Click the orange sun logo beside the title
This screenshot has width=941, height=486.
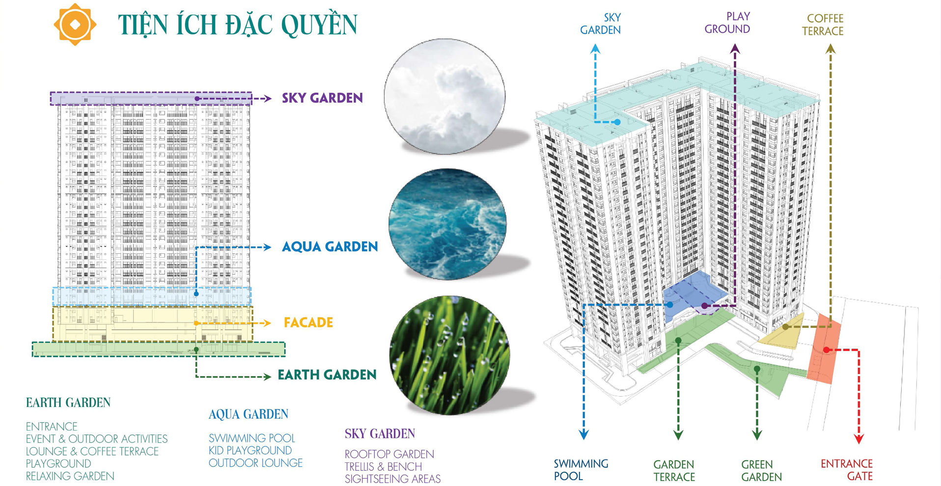click(x=75, y=25)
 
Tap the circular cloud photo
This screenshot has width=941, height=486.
click(x=445, y=96)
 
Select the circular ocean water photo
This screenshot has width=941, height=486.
click(x=447, y=224)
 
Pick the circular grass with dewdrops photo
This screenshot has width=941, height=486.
click(x=449, y=355)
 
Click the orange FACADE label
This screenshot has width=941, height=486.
click(x=308, y=323)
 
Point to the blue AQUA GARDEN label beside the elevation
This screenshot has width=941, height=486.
click(x=330, y=246)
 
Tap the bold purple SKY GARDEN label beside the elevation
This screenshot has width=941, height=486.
click(x=322, y=98)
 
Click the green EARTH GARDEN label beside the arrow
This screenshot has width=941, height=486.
click(x=327, y=375)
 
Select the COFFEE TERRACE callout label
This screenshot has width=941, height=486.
click(x=823, y=25)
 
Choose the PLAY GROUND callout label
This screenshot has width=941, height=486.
click(x=727, y=23)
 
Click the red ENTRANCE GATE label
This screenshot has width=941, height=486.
click(x=847, y=470)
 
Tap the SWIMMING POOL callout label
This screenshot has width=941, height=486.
click(x=581, y=470)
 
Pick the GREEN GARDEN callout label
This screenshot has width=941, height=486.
click(x=761, y=470)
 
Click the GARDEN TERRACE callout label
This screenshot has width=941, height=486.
click(x=674, y=470)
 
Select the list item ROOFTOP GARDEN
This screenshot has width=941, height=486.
click(x=389, y=454)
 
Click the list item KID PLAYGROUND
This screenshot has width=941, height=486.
click(x=250, y=450)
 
